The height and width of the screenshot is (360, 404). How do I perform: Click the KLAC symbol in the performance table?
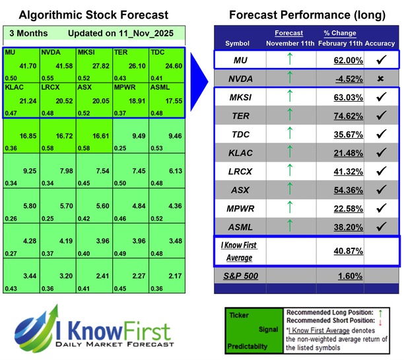pyautogui.click(x=242, y=153)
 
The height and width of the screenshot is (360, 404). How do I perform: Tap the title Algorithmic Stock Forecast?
pyautogui.click(x=94, y=15)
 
